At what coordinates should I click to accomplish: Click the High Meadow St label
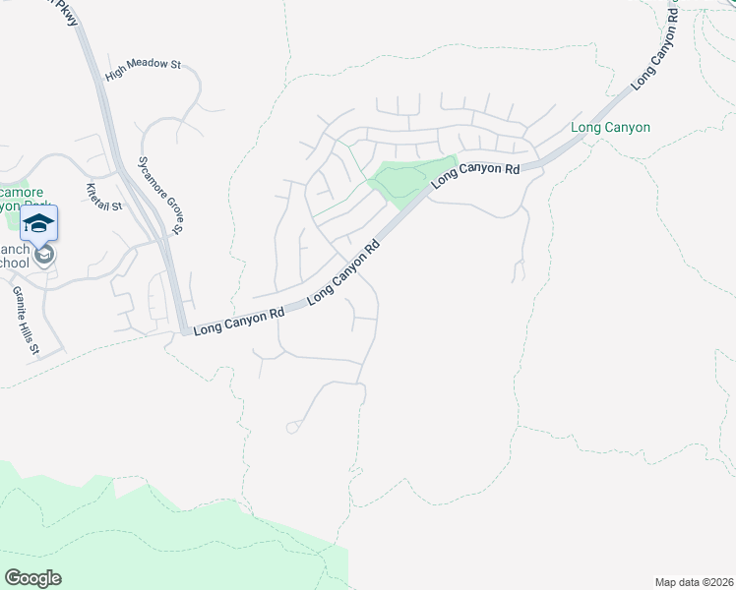(144, 64)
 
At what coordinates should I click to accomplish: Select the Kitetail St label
(103, 199)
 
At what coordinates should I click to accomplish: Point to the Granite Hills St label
(26, 321)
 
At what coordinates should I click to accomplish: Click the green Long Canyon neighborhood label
(610, 128)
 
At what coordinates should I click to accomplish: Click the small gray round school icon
(43, 256)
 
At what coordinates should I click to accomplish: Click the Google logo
(32, 578)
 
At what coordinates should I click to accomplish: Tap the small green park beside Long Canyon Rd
(408, 179)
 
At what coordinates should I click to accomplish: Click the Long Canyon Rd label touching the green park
(475, 175)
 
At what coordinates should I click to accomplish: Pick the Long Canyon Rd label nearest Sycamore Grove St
(239, 321)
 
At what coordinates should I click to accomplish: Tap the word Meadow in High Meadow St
(148, 64)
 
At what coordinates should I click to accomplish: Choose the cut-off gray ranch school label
(14, 256)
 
